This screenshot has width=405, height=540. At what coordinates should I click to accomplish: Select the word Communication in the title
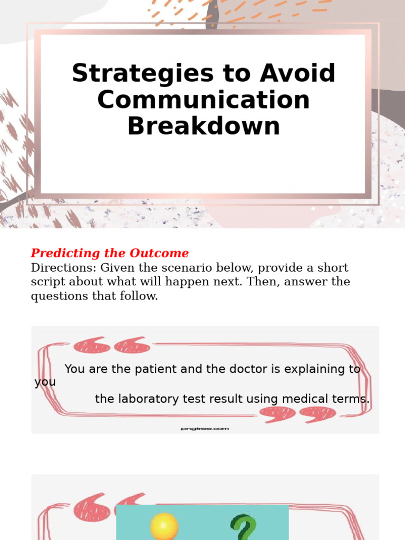click(x=204, y=100)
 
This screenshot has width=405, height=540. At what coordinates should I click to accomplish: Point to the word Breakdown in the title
click(x=204, y=126)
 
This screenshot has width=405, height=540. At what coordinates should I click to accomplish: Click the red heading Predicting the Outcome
click(x=110, y=253)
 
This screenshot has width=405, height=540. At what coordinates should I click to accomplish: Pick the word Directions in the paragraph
click(x=63, y=267)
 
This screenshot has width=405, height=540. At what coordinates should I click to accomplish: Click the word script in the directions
click(x=47, y=282)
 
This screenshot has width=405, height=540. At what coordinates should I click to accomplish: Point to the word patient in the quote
click(x=157, y=369)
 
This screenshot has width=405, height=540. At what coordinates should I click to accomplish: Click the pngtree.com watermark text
click(x=205, y=429)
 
